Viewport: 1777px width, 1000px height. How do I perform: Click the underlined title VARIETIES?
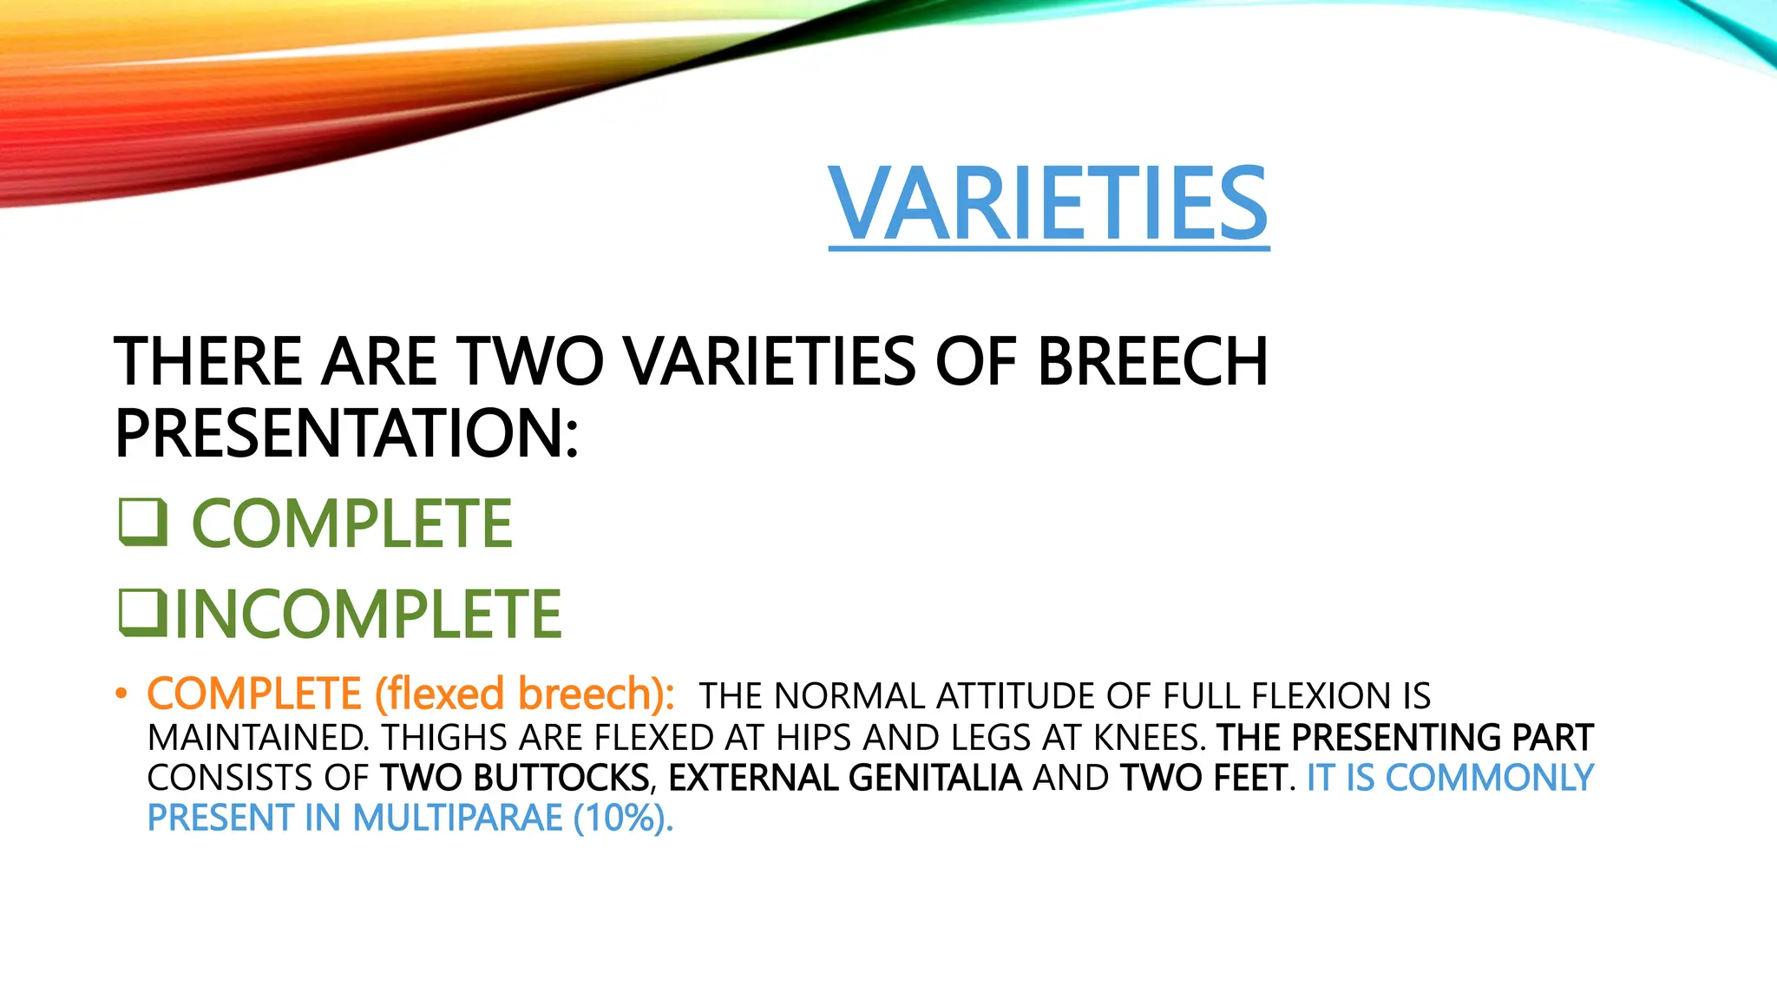coord(1048,204)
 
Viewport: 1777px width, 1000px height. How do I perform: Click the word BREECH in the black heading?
coord(1151,361)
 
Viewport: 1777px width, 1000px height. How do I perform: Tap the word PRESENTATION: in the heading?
coord(346,433)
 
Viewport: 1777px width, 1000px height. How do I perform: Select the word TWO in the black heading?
coord(529,361)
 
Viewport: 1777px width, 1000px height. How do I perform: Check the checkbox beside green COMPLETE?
coord(142,523)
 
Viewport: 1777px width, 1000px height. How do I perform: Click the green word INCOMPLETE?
coord(369,614)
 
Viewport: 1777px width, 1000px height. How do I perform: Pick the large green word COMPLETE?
coord(351,523)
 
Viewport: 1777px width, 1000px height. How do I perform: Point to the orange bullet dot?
coord(121,694)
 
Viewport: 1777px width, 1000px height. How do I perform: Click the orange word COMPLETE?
coord(253,694)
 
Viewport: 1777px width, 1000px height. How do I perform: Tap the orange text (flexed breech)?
coord(525,694)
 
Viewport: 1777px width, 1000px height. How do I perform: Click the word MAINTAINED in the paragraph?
coord(257,738)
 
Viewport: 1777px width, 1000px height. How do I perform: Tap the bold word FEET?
coord(1249,778)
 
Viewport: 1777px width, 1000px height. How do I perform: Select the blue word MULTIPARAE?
coord(457,819)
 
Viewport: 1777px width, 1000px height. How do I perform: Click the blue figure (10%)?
coord(622,819)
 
